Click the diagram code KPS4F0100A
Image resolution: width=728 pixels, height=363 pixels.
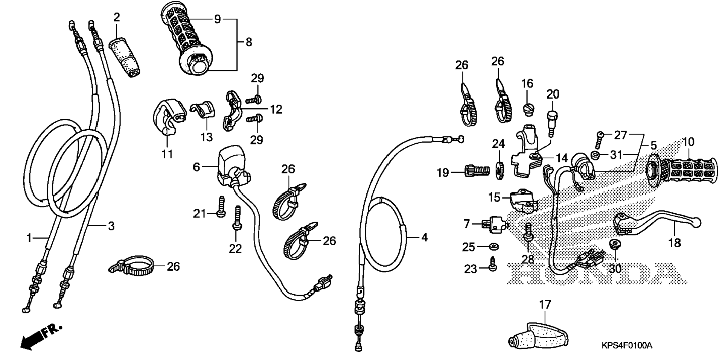pyautogui.click(x=626, y=345)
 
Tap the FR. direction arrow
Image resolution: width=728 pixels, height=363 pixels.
pyautogui.click(x=40, y=336)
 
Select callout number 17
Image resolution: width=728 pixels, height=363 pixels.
pyautogui.click(x=545, y=305)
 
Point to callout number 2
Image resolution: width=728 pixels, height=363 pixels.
pyautogui.click(x=117, y=17)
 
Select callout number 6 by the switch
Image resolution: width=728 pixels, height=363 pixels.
pyautogui.click(x=196, y=167)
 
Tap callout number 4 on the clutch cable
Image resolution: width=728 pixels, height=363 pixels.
pyautogui.click(x=424, y=237)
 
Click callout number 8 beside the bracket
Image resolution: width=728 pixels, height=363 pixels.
pyautogui.click(x=248, y=42)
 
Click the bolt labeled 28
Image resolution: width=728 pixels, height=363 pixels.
pyautogui.click(x=528, y=232)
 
